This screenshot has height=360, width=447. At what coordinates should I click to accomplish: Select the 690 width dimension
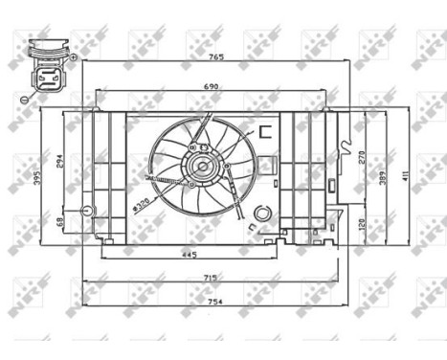pyautogui.click(x=212, y=87)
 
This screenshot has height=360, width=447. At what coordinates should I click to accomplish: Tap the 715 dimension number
pyautogui.click(x=210, y=279)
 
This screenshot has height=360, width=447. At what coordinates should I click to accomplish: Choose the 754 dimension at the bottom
pyautogui.click(x=212, y=303)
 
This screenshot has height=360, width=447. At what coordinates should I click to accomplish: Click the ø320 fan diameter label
pyautogui.click(x=143, y=204)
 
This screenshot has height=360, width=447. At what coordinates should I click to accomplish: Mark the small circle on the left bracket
pyautogui.click(x=87, y=210)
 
